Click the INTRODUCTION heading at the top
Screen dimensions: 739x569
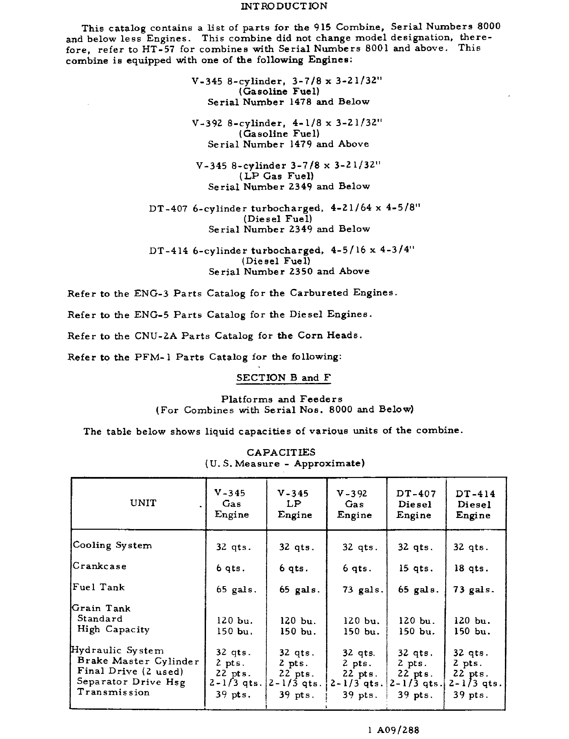pos(284,6)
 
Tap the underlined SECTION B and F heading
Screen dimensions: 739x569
pos(283,378)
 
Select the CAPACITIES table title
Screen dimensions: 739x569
pos(281,452)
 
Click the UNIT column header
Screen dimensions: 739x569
pos(143,503)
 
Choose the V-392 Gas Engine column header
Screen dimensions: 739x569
pos(354,504)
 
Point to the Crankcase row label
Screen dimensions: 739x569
pos(100,566)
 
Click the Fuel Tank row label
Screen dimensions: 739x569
pos(99,587)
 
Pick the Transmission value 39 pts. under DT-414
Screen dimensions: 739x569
pos(470,695)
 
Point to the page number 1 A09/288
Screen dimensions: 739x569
pos(393,730)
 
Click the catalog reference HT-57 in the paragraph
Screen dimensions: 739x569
pos(158,49)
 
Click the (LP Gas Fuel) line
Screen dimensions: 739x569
pos(276,176)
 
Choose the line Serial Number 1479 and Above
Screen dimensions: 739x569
pos(288,144)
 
